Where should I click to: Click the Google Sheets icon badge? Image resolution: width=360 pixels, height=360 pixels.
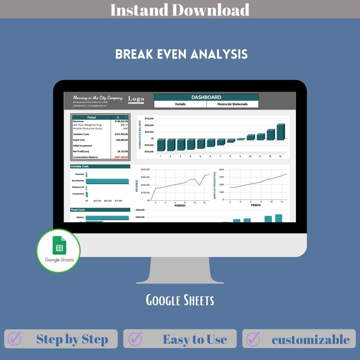(58, 251)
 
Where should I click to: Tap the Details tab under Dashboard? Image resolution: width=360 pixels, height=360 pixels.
(180, 104)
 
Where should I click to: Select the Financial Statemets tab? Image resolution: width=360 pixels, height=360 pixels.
(232, 104)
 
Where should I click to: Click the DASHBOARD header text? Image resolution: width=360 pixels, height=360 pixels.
(206, 97)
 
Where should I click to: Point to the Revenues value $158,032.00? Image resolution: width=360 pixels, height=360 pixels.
(120, 121)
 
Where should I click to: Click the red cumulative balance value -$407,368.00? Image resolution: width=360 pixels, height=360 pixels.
(121, 157)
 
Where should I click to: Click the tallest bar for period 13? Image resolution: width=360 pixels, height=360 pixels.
(281, 132)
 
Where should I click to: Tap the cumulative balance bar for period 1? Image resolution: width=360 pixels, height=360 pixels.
(161, 145)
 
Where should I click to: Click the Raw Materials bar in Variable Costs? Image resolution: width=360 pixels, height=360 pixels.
(107, 181)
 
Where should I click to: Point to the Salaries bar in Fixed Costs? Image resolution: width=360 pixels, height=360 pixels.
(107, 217)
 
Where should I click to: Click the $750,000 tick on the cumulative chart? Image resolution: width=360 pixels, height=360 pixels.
(149, 119)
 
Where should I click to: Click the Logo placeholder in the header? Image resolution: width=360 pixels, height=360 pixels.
(136, 99)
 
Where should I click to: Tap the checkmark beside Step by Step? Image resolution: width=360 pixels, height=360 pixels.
(14, 339)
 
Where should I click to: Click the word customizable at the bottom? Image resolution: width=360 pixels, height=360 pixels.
(311, 340)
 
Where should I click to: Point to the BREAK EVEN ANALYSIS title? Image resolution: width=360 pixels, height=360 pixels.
(181, 54)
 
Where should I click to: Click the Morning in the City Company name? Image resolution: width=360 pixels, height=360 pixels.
(98, 98)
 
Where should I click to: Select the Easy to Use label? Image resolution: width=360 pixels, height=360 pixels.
(195, 339)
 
